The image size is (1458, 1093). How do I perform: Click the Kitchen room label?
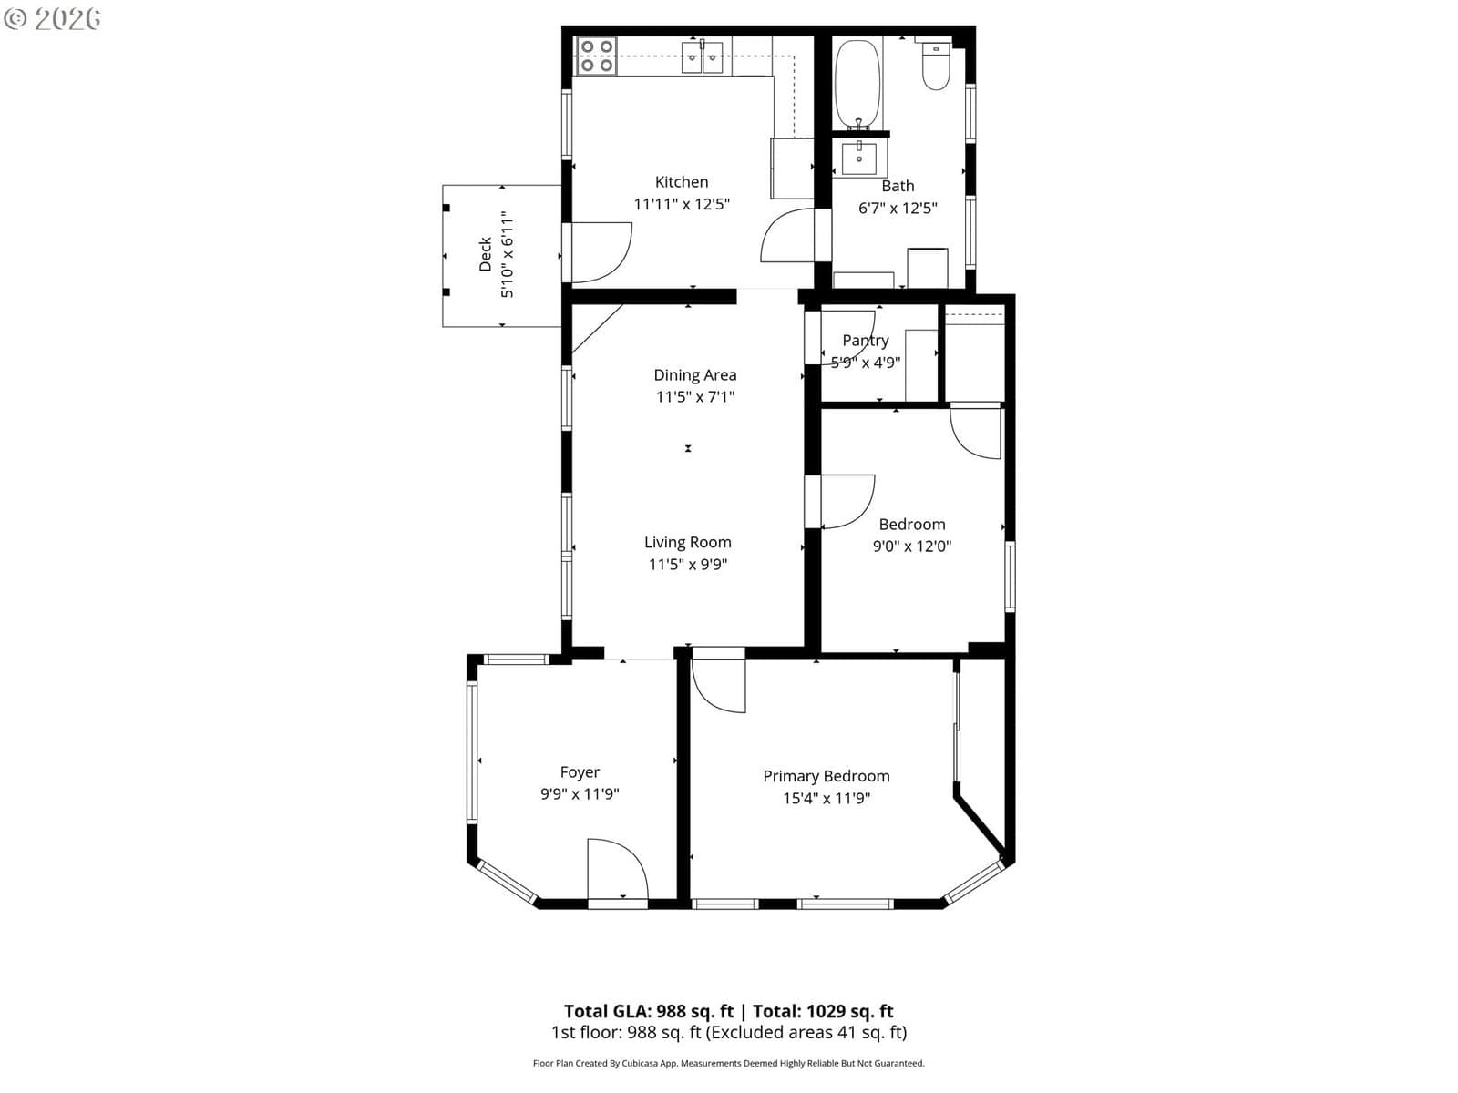point(681,182)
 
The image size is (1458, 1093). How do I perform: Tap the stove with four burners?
point(596,56)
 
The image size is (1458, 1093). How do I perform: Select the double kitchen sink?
point(702,57)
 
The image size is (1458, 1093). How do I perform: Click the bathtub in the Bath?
point(857,85)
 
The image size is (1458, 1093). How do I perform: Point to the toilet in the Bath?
point(936,65)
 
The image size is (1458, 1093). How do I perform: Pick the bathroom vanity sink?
point(859,158)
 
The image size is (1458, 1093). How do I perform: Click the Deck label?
point(485,254)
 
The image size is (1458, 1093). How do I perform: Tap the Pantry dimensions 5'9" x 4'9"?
point(866,363)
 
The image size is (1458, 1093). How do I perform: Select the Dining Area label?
point(694,375)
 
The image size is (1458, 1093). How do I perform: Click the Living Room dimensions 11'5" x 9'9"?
point(687,564)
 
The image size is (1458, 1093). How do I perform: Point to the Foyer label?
point(580,772)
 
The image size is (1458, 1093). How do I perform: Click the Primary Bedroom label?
point(827,776)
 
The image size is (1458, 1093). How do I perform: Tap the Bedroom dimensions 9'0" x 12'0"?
point(912,546)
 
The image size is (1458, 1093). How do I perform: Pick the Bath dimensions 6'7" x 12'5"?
point(898,208)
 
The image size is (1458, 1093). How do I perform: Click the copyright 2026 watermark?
point(52,18)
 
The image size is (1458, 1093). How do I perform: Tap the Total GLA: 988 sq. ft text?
point(648,1011)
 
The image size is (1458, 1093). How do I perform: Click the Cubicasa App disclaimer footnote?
point(729,1063)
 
